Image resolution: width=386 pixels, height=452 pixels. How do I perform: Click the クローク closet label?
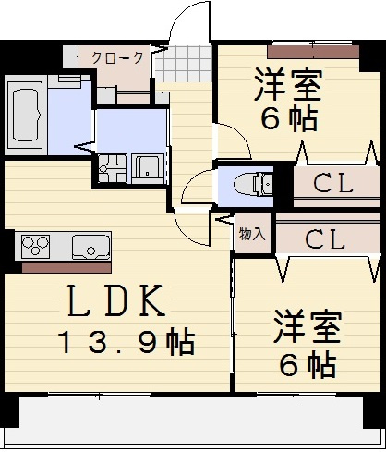[x=117, y=57]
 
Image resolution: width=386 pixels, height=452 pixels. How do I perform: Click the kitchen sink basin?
[x=90, y=247]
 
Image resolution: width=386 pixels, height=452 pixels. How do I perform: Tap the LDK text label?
[x=115, y=300]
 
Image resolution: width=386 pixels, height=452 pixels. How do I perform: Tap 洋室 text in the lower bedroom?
[x=307, y=328]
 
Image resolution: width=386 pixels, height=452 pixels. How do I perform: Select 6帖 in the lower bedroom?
[x=307, y=364]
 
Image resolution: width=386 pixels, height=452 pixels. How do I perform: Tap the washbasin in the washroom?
[x=148, y=169]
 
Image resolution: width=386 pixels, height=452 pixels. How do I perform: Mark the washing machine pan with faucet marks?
[x=113, y=170]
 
